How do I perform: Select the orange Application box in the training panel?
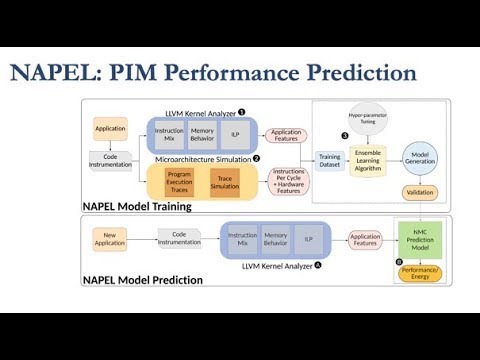tap(109, 129)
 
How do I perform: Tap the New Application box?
tap(109, 240)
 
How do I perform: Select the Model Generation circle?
tap(420, 156)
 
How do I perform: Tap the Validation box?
tap(420, 192)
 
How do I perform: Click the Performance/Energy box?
tap(420, 272)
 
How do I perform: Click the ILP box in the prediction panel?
tap(308, 241)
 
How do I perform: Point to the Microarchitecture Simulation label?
tap(201, 159)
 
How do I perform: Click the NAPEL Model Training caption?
tap(138, 205)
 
